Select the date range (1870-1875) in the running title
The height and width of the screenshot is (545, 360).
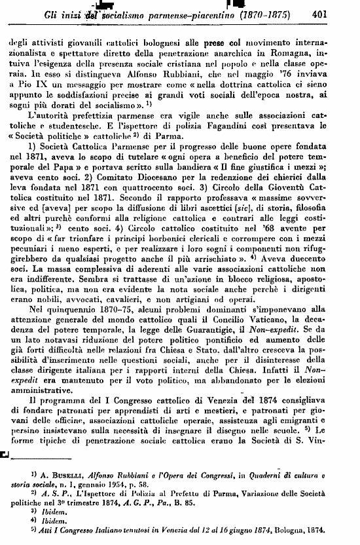[266, 12]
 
